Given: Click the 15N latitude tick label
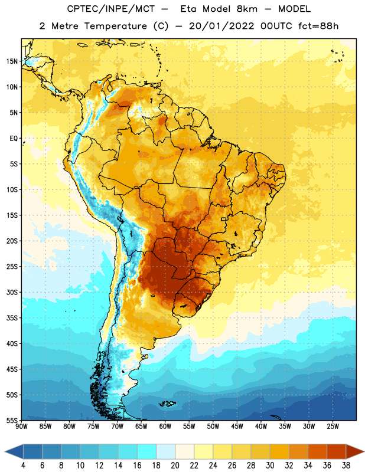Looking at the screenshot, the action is click(12, 61).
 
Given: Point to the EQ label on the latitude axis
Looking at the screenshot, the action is click(14, 139).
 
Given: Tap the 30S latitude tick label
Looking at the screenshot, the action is click(12, 293).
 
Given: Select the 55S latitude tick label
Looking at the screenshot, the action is click(12, 421).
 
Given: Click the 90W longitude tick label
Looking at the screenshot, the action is click(21, 427).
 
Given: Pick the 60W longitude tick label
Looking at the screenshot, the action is click(165, 427).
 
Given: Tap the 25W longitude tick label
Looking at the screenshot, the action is click(333, 427).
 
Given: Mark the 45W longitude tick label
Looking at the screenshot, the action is click(237, 427).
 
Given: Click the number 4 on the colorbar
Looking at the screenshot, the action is click(23, 466).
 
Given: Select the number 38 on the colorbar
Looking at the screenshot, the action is click(346, 466).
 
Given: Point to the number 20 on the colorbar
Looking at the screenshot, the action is click(175, 466).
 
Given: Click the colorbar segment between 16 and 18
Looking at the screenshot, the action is click(147, 452).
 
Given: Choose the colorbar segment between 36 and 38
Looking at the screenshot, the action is click(337, 452).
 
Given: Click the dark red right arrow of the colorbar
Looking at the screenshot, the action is click(354, 452).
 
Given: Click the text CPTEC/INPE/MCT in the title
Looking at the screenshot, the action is click(110, 9).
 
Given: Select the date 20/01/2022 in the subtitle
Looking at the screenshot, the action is click(221, 26).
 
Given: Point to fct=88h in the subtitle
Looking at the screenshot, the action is click(318, 26).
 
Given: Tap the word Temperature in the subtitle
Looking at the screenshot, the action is click(115, 26).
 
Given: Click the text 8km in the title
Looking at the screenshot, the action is click(247, 9).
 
